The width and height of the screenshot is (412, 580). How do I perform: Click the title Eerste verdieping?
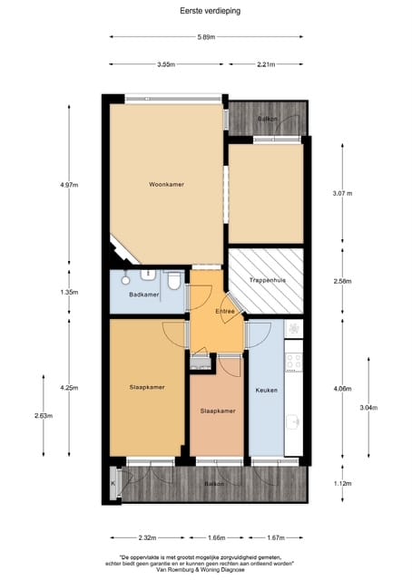(x=206, y=11)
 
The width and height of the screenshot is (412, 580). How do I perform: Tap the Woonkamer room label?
(x=167, y=185)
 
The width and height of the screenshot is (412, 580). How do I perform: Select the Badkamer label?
(x=144, y=295)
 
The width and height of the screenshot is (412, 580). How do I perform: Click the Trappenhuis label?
(x=268, y=281)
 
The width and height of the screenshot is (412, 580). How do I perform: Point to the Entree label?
(x=225, y=312)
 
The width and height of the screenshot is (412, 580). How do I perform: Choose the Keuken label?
(x=266, y=391)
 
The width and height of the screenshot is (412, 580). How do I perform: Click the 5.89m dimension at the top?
(x=206, y=37)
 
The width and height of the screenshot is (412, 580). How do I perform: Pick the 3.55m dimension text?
(x=166, y=64)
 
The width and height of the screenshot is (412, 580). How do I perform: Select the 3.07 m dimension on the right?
(x=342, y=193)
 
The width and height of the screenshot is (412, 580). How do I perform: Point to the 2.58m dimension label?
(x=342, y=282)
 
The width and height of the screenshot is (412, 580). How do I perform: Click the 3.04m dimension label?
(x=368, y=407)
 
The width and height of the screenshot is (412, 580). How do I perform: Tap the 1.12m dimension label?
(x=342, y=484)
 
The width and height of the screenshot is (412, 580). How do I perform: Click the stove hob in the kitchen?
(x=293, y=362)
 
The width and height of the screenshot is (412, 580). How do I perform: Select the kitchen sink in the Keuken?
(x=293, y=421)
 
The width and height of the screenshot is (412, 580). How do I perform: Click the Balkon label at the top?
(x=267, y=120)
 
